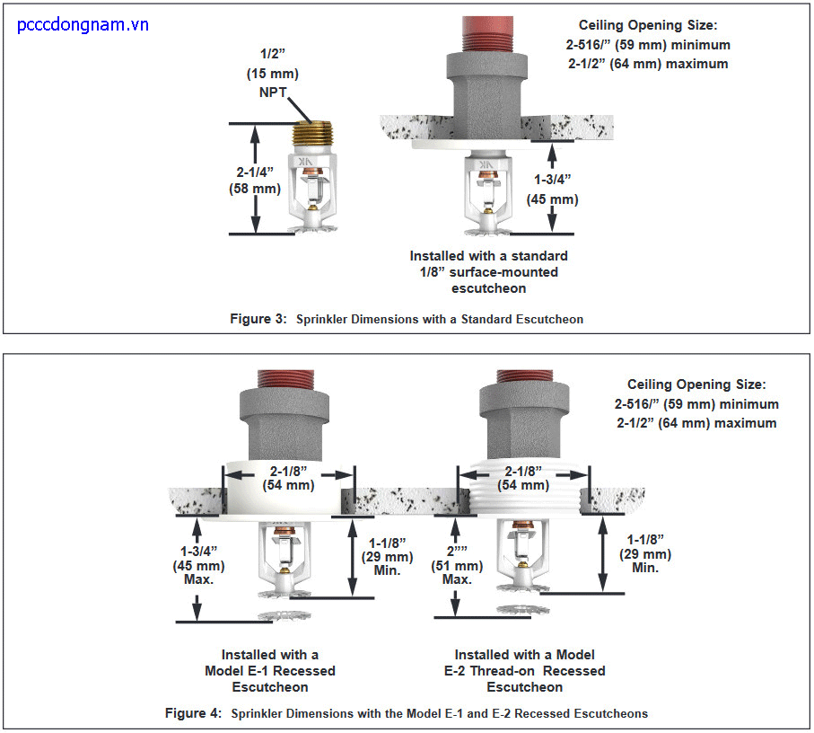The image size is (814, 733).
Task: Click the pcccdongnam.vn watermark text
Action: pos(83,24)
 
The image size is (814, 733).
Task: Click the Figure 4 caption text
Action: pos(406,713)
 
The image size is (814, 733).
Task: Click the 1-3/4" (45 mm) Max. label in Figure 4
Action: pos(198,565)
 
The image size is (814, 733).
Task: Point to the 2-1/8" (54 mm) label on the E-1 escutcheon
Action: pos(288,477)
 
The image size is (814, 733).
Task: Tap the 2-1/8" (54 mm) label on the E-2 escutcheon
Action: pos(524,477)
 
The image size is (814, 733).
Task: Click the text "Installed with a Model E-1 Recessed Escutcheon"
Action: pos(270,671)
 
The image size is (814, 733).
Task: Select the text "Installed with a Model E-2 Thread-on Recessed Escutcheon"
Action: pos(525,671)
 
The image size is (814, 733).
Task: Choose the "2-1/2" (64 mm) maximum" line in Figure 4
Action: pos(696,422)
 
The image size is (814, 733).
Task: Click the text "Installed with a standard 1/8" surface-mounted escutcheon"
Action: pos(489,272)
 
